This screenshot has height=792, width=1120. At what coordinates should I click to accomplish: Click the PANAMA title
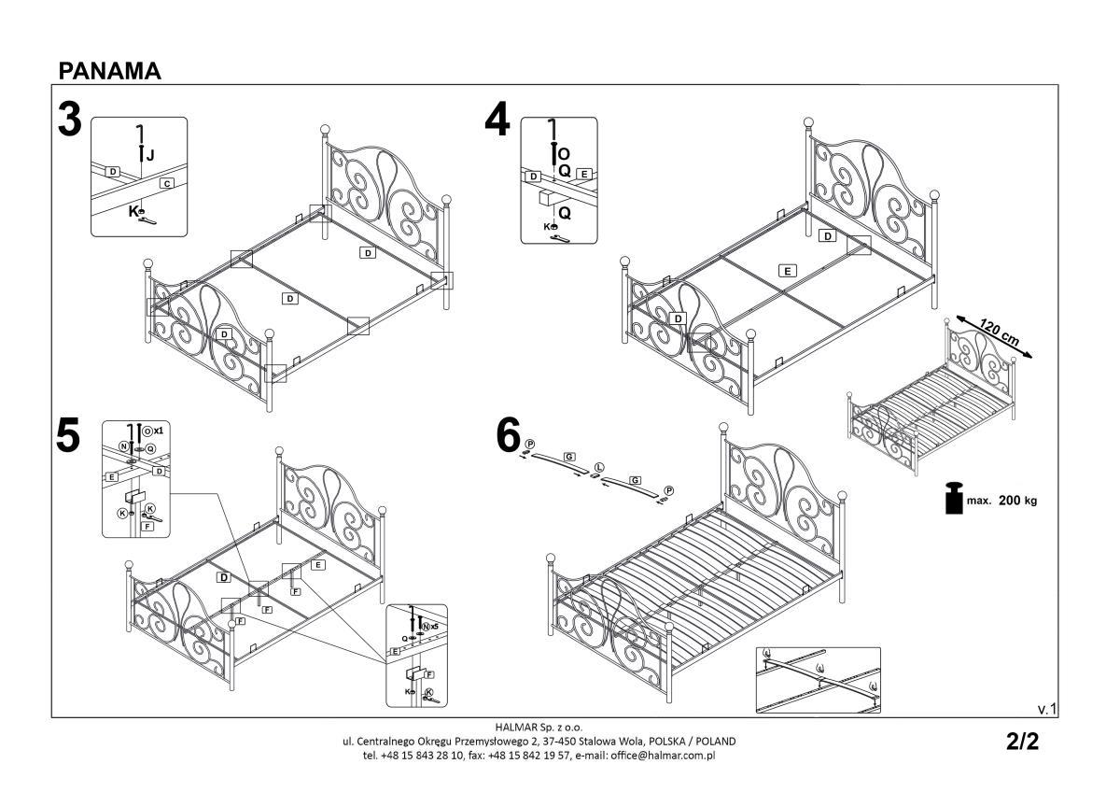pyautogui.click(x=109, y=71)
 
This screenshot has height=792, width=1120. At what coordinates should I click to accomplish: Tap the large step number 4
pyautogui.click(x=497, y=120)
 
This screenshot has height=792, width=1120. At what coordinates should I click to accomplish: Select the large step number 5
pyautogui.click(x=68, y=437)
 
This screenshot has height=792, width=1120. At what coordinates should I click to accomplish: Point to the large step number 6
pyautogui.click(x=508, y=434)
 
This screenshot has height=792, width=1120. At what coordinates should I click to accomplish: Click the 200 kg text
pyautogui.click(x=1017, y=501)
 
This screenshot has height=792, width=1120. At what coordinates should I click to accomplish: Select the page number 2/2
pyautogui.click(x=1022, y=742)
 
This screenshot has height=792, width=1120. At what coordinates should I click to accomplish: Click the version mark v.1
pyautogui.click(x=1046, y=710)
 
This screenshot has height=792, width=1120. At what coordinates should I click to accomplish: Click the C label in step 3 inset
pyautogui.click(x=167, y=183)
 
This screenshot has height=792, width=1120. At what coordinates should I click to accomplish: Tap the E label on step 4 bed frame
pyautogui.click(x=788, y=271)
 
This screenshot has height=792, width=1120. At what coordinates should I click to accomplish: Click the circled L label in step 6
pyautogui.click(x=599, y=465)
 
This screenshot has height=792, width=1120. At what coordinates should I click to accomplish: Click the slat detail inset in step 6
pyautogui.click(x=818, y=679)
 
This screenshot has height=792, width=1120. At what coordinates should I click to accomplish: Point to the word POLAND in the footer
pyautogui.click(x=712, y=741)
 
